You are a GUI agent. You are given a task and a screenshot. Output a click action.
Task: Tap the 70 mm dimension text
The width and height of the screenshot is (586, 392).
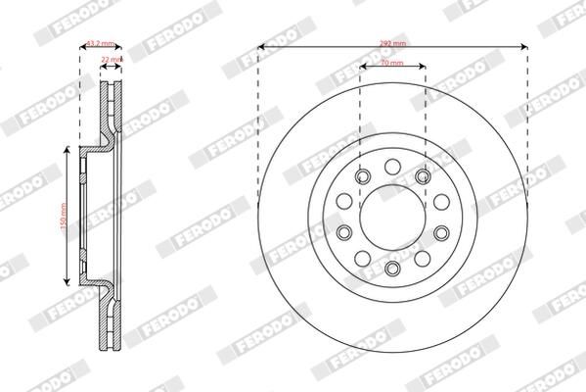[x=392, y=62]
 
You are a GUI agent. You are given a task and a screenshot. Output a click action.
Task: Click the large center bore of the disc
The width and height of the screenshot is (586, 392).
[x=392, y=217]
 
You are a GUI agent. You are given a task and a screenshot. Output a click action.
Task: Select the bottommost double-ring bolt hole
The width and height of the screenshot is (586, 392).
[x=392, y=269]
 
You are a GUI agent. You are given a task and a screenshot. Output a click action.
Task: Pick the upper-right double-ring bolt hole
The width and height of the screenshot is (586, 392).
[x=424, y=175]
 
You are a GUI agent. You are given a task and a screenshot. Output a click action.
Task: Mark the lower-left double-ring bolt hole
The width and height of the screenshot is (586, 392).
[x=343, y=232]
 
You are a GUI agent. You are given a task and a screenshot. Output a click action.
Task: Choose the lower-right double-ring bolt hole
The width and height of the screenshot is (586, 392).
[x=441, y=232]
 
